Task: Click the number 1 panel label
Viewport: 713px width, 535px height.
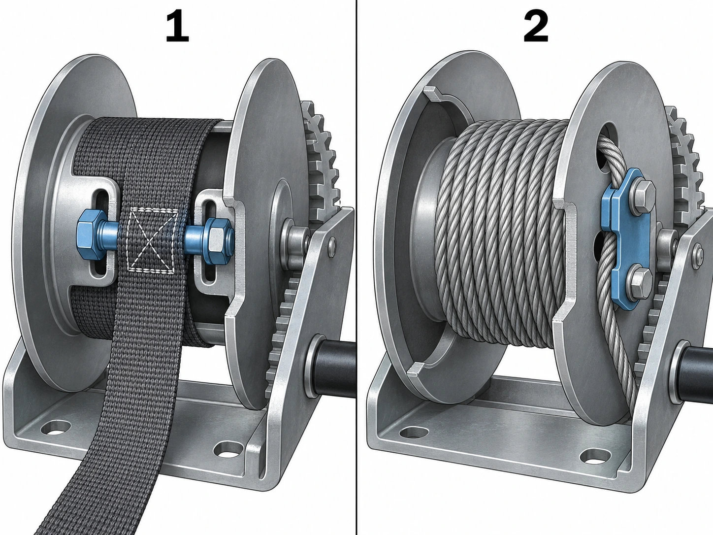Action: [x=177, y=27]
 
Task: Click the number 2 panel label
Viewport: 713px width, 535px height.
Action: [x=536, y=27]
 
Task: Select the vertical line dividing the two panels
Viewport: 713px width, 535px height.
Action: [x=356, y=267]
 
